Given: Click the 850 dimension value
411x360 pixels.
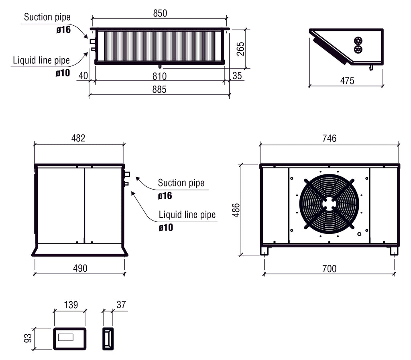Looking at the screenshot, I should pos(160,13).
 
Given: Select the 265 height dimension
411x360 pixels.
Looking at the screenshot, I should pos(240,49).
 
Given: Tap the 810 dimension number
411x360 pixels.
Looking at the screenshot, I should pos(159,76).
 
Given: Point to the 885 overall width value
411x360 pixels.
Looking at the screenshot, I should pos(159,90).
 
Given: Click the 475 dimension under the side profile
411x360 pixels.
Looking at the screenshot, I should pos(347,81).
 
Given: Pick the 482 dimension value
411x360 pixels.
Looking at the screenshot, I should pos(78,138).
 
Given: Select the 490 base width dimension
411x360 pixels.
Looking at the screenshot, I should pos(80,268).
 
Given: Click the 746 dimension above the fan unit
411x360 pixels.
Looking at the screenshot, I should pos(329,138).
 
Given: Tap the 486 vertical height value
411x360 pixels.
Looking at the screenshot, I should pos(236,210).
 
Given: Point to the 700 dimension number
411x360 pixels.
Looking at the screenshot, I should pos(329,269).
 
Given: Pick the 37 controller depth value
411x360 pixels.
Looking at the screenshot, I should pos(121,305).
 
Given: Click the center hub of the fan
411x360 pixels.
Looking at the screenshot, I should pos(329,203).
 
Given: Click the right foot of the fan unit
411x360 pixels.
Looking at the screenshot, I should pos(394,251).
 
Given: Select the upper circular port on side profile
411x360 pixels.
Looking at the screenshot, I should pos(358,41).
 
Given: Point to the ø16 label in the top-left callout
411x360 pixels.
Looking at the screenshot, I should pos(63,30).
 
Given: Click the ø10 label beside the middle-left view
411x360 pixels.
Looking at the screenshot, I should pos(166,227).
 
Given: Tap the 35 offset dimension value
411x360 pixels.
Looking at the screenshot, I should pos(237,76).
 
